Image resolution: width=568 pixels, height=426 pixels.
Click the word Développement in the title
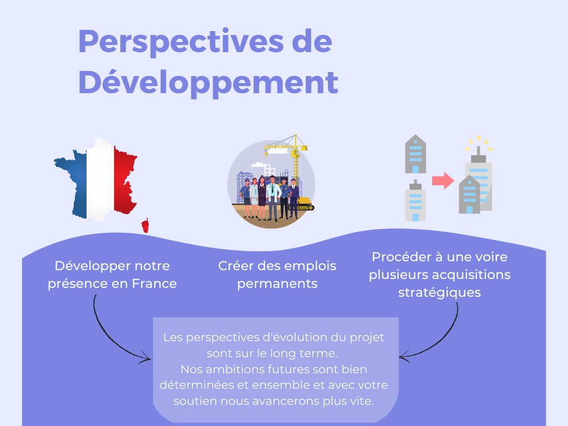point(209,83)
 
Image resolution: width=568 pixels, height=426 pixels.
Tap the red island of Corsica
point(145,225)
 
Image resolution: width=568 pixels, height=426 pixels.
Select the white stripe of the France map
point(100,179)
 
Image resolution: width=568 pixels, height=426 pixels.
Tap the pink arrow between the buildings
point(443,180)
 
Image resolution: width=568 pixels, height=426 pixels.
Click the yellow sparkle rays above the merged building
point(479,143)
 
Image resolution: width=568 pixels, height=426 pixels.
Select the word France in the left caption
point(154,283)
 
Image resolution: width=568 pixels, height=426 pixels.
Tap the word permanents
point(277,284)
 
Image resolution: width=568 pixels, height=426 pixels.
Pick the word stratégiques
point(439,293)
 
